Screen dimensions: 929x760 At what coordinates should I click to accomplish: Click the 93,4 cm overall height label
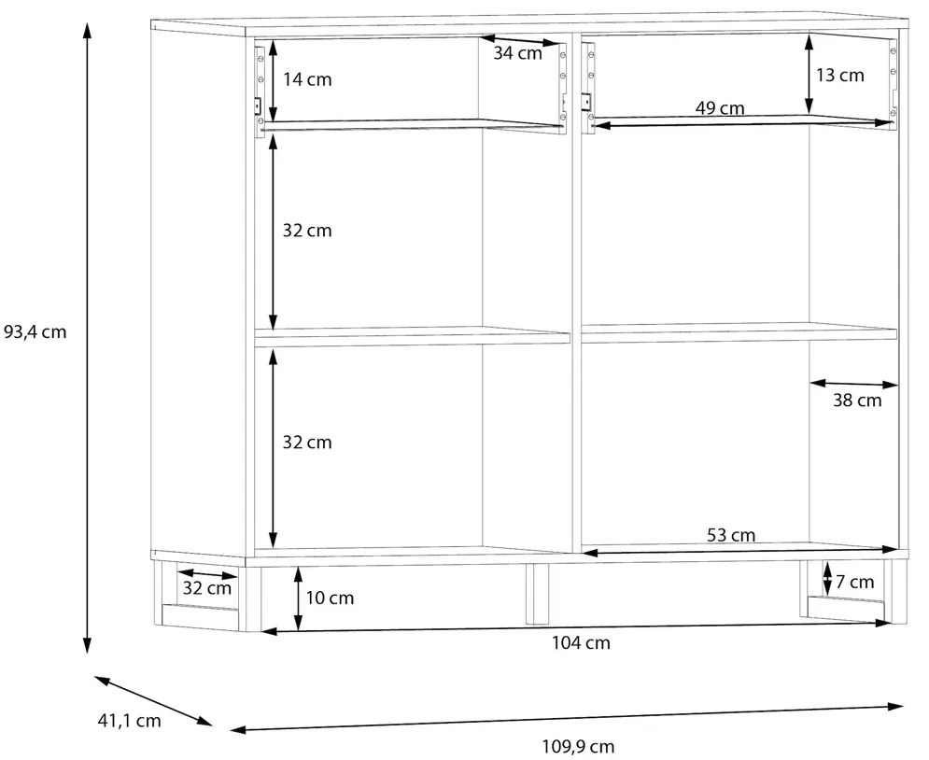pyautogui.click(x=35, y=331)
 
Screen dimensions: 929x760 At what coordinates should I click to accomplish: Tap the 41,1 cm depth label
pyautogui.click(x=129, y=720)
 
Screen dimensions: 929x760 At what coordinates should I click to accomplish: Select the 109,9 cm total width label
pyautogui.click(x=578, y=746)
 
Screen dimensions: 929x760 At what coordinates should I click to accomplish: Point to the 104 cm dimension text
pyautogui.click(x=582, y=642)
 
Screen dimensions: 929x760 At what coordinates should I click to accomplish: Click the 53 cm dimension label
pyautogui.click(x=731, y=535)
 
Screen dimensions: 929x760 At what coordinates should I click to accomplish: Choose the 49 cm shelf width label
pyautogui.click(x=720, y=108)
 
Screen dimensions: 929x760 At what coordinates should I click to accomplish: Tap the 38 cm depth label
pyautogui.click(x=857, y=401)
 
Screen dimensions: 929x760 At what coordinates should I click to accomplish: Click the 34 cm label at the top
pyautogui.click(x=518, y=53)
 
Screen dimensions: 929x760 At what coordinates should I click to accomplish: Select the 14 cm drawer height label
pyautogui.click(x=307, y=79)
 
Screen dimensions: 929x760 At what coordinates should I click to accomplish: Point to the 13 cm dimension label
pyautogui.click(x=840, y=76)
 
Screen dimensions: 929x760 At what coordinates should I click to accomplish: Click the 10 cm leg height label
pyautogui.click(x=330, y=598)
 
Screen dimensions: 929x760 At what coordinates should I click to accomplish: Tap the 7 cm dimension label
pyautogui.click(x=855, y=583)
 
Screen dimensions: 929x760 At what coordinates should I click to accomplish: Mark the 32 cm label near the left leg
pyautogui.click(x=206, y=588)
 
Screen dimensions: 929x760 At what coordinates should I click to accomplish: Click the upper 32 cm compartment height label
pyautogui.click(x=307, y=231)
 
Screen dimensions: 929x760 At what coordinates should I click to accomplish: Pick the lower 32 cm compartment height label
pyautogui.click(x=307, y=443)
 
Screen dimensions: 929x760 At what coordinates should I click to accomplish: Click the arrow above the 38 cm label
pyautogui.click(x=853, y=384)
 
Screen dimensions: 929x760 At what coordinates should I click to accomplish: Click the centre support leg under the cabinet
pyautogui.click(x=538, y=594)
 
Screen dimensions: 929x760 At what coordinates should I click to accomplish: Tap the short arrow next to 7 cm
pyautogui.click(x=827, y=578)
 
